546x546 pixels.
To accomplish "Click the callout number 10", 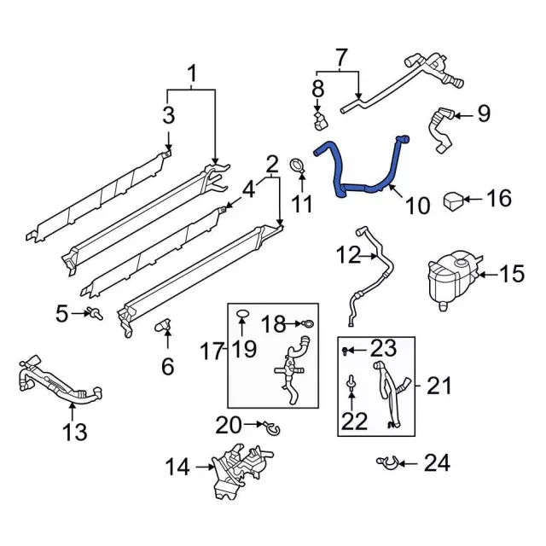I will [x=417, y=205].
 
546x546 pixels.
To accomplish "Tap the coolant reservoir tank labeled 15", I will [x=450, y=276].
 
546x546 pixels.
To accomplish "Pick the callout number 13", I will [x=75, y=432].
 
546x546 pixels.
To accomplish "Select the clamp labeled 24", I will [x=386, y=463].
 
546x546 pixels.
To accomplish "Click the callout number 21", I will [x=439, y=386].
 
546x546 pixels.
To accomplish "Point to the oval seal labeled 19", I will [x=242, y=316].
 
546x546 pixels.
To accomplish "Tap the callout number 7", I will [x=341, y=59].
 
